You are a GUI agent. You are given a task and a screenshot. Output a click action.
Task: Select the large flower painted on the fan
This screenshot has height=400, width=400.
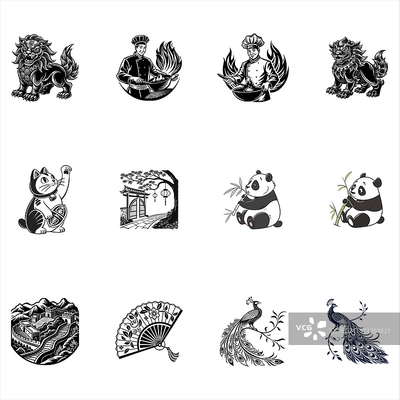pyautogui.click(x=151, y=315)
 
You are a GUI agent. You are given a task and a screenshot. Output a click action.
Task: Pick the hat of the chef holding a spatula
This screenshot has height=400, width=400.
pyautogui.click(x=249, y=41)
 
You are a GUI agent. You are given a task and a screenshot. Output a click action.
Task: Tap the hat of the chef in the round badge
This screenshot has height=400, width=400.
pyautogui.click(x=140, y=39)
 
